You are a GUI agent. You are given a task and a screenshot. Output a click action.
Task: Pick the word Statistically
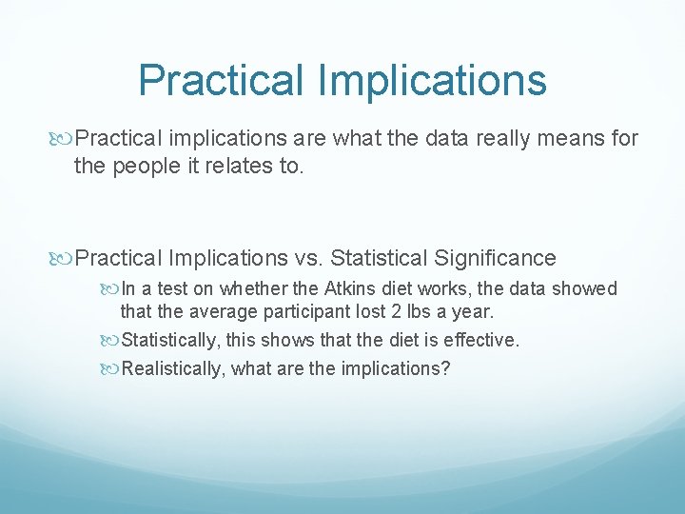[169, 340]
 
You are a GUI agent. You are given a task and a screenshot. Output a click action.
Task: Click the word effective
[484, 340]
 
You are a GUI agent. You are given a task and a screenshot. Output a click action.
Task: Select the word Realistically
[171, 368]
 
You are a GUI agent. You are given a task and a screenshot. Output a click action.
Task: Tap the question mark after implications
[445, 368]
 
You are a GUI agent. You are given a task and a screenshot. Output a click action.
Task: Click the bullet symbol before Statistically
[110, 340]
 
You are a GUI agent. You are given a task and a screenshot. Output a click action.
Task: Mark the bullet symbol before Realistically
[110, 368]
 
